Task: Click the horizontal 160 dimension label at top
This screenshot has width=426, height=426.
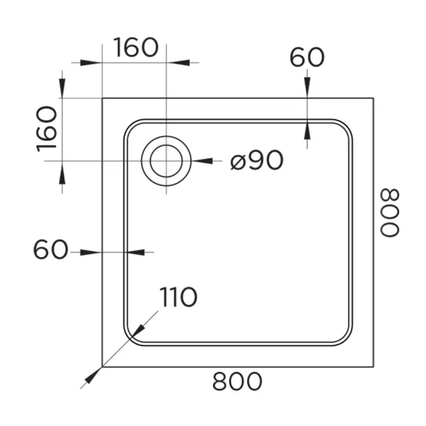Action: point(136,47)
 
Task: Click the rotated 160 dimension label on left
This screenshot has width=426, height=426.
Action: point(46,129)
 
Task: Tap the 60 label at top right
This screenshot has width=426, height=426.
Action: point(307,57)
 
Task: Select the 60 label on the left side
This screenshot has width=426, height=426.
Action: point(50,249)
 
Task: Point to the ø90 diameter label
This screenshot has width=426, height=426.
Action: point(256,160)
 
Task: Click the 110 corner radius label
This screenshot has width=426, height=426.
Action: point(178,297)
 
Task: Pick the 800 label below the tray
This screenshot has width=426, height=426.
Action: point(237,381)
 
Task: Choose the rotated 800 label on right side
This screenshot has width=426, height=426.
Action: point(390,213)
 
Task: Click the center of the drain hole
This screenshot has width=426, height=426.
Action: point(167,161)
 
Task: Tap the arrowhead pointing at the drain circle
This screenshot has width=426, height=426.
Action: point(202,161)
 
